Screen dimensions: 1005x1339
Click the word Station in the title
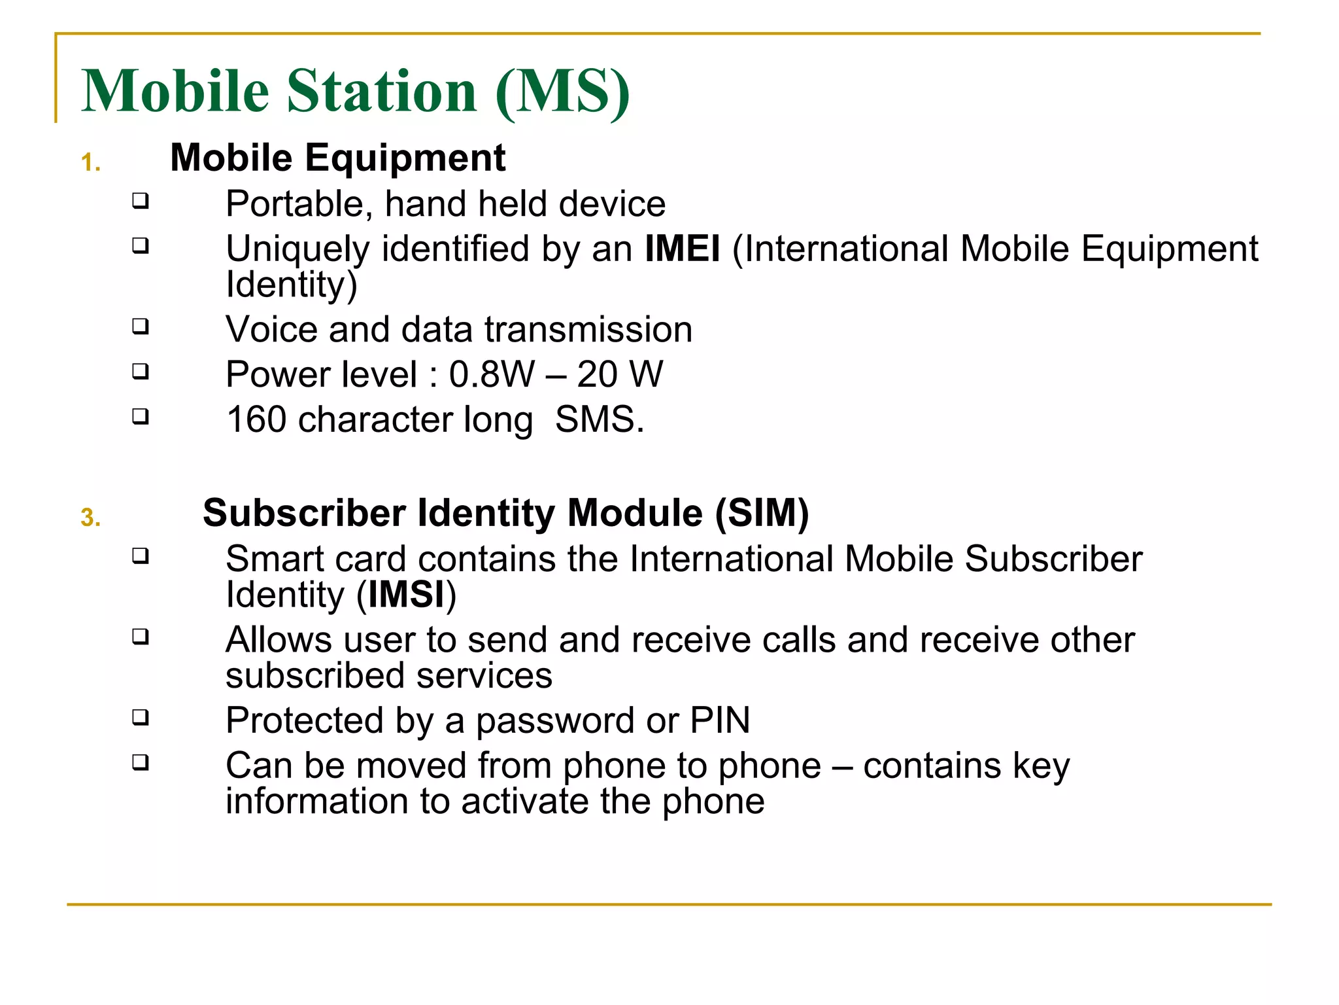382,91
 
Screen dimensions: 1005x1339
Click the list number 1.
90,163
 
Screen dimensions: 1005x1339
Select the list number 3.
90,518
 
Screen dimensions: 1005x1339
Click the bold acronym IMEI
682,249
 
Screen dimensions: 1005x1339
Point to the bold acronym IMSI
406,595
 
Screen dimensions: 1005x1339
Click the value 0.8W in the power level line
491,375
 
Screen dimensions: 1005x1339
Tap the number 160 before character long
256,420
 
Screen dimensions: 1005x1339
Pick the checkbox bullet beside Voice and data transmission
140,326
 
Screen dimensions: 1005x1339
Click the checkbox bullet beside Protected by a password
140,717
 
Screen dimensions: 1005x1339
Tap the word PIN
720,721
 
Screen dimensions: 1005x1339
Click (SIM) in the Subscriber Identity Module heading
762,513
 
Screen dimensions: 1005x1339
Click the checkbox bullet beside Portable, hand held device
140,200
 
